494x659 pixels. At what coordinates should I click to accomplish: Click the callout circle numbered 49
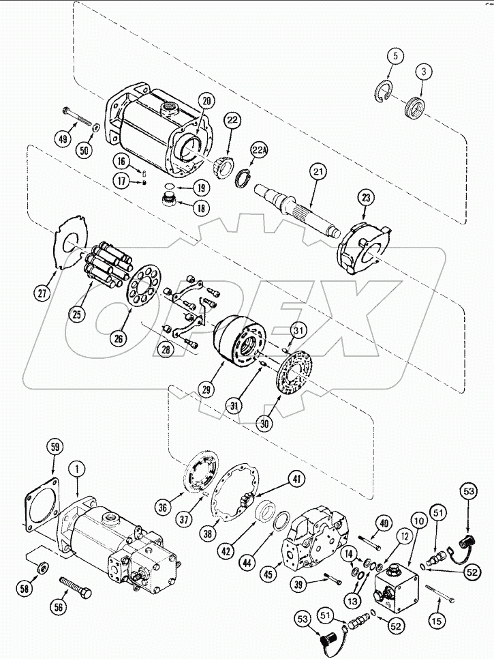tap(63, 139)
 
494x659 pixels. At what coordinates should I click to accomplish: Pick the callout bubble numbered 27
tap(44, 294)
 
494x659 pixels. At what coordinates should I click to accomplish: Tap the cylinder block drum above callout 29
tap(239, 341)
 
